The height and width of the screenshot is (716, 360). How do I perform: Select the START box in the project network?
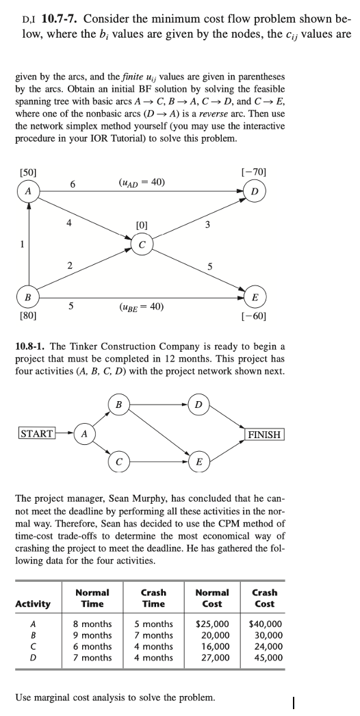pos(36,434)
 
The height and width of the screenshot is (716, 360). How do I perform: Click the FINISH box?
pos(264,434)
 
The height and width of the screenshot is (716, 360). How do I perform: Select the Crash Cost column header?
pos(264,598)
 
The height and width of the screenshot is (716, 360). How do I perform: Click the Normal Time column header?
pos(92,598)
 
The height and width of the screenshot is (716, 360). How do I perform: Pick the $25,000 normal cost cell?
pos(212,624)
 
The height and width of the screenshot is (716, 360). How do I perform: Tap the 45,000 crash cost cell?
pos(267,658)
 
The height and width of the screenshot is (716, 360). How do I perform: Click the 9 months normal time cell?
pos(92,635)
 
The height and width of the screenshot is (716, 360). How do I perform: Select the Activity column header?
pos(33,603)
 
